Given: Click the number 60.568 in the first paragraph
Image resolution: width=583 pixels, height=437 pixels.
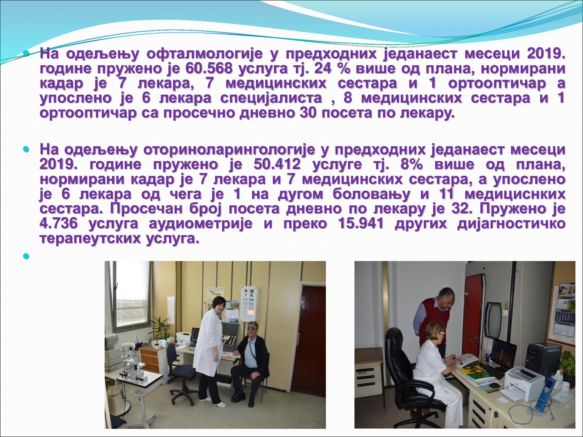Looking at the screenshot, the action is (209, 68).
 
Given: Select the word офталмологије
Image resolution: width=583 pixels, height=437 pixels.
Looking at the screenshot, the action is (204, 54).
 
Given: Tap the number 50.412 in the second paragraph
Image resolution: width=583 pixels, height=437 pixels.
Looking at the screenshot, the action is (277, 164).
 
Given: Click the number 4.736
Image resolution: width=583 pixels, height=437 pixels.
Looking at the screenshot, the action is (59, 223).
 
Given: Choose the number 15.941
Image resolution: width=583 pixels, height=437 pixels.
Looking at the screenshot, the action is (361, 223).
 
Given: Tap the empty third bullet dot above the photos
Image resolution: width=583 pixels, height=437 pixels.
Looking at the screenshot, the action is (26, 256).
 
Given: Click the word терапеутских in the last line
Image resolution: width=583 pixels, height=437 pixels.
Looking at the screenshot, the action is (91, 239).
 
